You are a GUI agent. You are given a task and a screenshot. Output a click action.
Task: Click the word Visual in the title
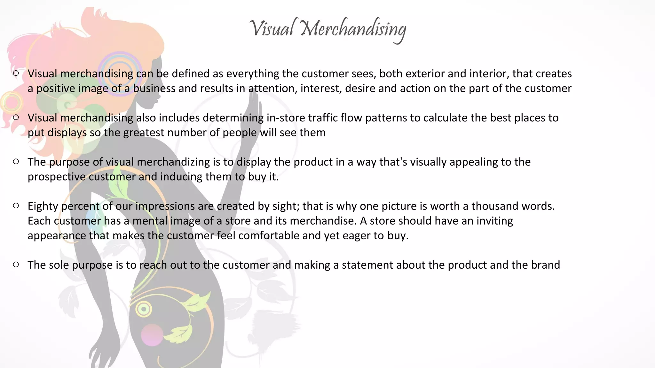(x=272, y=28)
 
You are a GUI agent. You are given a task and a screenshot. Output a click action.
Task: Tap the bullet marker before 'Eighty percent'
(x=16, y=206)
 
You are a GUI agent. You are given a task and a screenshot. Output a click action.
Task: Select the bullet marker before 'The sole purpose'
(x=16, y=264)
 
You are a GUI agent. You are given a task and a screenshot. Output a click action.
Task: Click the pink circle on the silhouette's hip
(x=152, y=335)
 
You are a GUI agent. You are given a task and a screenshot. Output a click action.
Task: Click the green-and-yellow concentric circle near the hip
(x=144, y=309)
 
